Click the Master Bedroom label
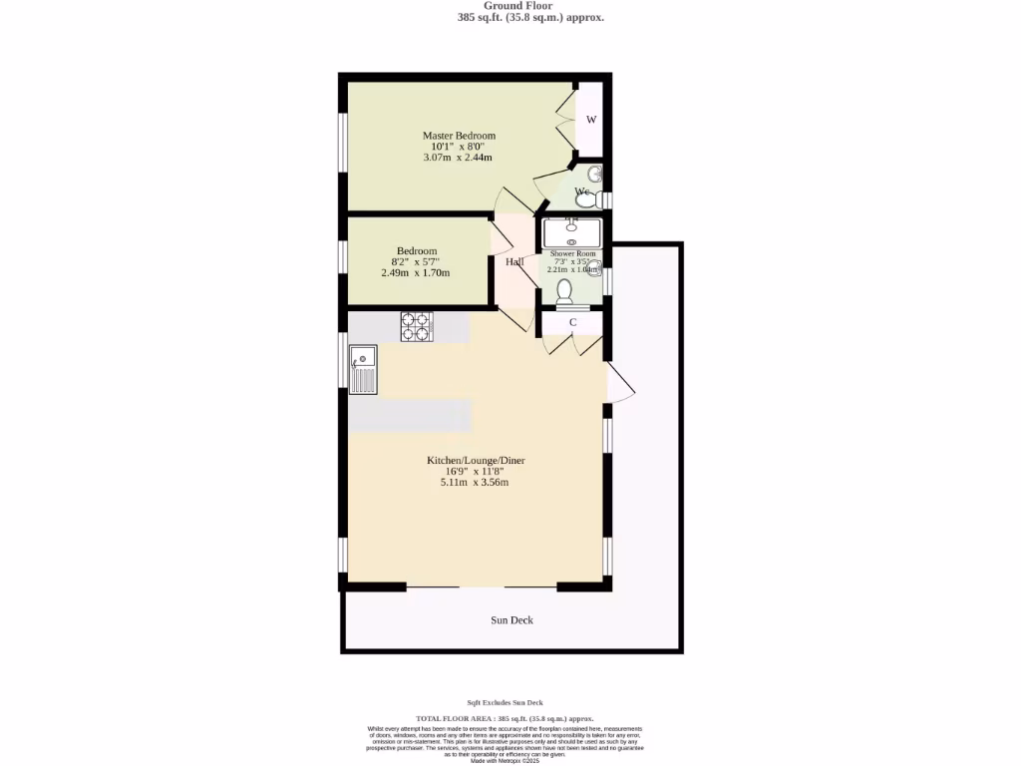click(459, 136)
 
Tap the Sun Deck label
click(511, 620)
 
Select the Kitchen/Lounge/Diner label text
click(476, 461)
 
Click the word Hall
click(514, 262)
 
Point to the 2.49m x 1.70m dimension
click(415, 273)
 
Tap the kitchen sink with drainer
click(363, 368)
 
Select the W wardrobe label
click(591, 121)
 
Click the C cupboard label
click(573, 322)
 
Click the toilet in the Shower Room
click(564, 292)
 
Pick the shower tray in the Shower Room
click(571, 233)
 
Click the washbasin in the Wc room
click(594, 175)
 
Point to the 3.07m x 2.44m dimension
click(458, 158)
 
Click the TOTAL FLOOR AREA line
click(505, 719)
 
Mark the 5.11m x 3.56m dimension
click(475, 483)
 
